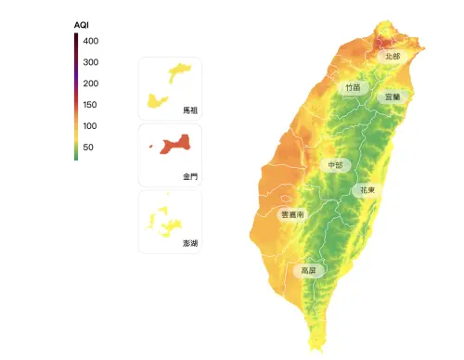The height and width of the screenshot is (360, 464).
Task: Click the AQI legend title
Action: coord(81,24)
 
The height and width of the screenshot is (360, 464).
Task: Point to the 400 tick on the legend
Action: coord(90,42)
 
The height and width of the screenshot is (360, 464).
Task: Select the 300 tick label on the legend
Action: coord(90,62)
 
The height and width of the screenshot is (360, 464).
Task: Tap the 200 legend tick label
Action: coord(90,84)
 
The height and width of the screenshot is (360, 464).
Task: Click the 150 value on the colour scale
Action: coord(90,105)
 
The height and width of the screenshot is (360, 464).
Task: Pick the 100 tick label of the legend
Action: coord(90,126)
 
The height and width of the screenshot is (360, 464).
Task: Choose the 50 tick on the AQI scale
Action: coord(88,148)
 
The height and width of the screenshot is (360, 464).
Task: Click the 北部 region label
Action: coord(393,57)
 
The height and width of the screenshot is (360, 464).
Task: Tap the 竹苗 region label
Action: coord(353,87)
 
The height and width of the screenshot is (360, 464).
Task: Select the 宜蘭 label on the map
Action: coord(393,96)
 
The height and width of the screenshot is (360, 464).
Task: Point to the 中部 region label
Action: coord(335,165)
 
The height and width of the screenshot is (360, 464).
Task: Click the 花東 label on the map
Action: coord(367,190)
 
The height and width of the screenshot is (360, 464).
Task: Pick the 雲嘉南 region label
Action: coord(292,214)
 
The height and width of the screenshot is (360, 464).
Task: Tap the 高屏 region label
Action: coord(307,272)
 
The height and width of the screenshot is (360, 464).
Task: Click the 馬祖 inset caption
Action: coord(190,110)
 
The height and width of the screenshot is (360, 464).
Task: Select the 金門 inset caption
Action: coord(190,175)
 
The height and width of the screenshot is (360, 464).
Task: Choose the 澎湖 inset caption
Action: coord(190,242)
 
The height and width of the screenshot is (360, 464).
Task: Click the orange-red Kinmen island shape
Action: coord(175,145)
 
